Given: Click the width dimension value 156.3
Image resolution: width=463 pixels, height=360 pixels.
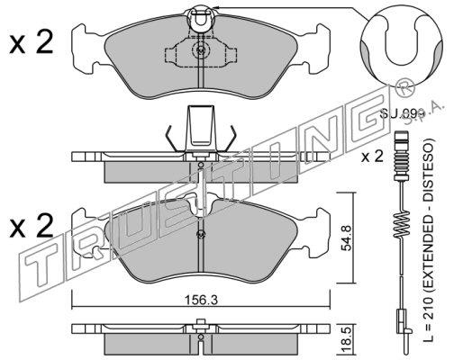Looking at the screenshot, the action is (x=201, y=300).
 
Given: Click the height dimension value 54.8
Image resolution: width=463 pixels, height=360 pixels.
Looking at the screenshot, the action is (x=348, y=238).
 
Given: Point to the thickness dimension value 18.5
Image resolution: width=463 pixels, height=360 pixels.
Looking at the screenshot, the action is (x=348, y=340).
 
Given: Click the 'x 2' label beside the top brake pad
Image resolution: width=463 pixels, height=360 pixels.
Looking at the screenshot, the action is (x=32, y=42).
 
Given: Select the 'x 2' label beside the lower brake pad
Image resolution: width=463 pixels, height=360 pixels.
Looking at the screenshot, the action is (x=32, y=226).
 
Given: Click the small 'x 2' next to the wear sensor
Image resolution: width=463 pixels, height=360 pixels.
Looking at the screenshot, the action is (x=372, y=157).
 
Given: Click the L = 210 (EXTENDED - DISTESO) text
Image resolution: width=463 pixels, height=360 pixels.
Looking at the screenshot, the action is (x=429, y=240).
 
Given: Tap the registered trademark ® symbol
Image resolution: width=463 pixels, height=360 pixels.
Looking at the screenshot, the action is (x=404, y=87).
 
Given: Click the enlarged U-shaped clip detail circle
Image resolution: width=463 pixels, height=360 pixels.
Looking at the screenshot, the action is (x=402, y=45).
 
